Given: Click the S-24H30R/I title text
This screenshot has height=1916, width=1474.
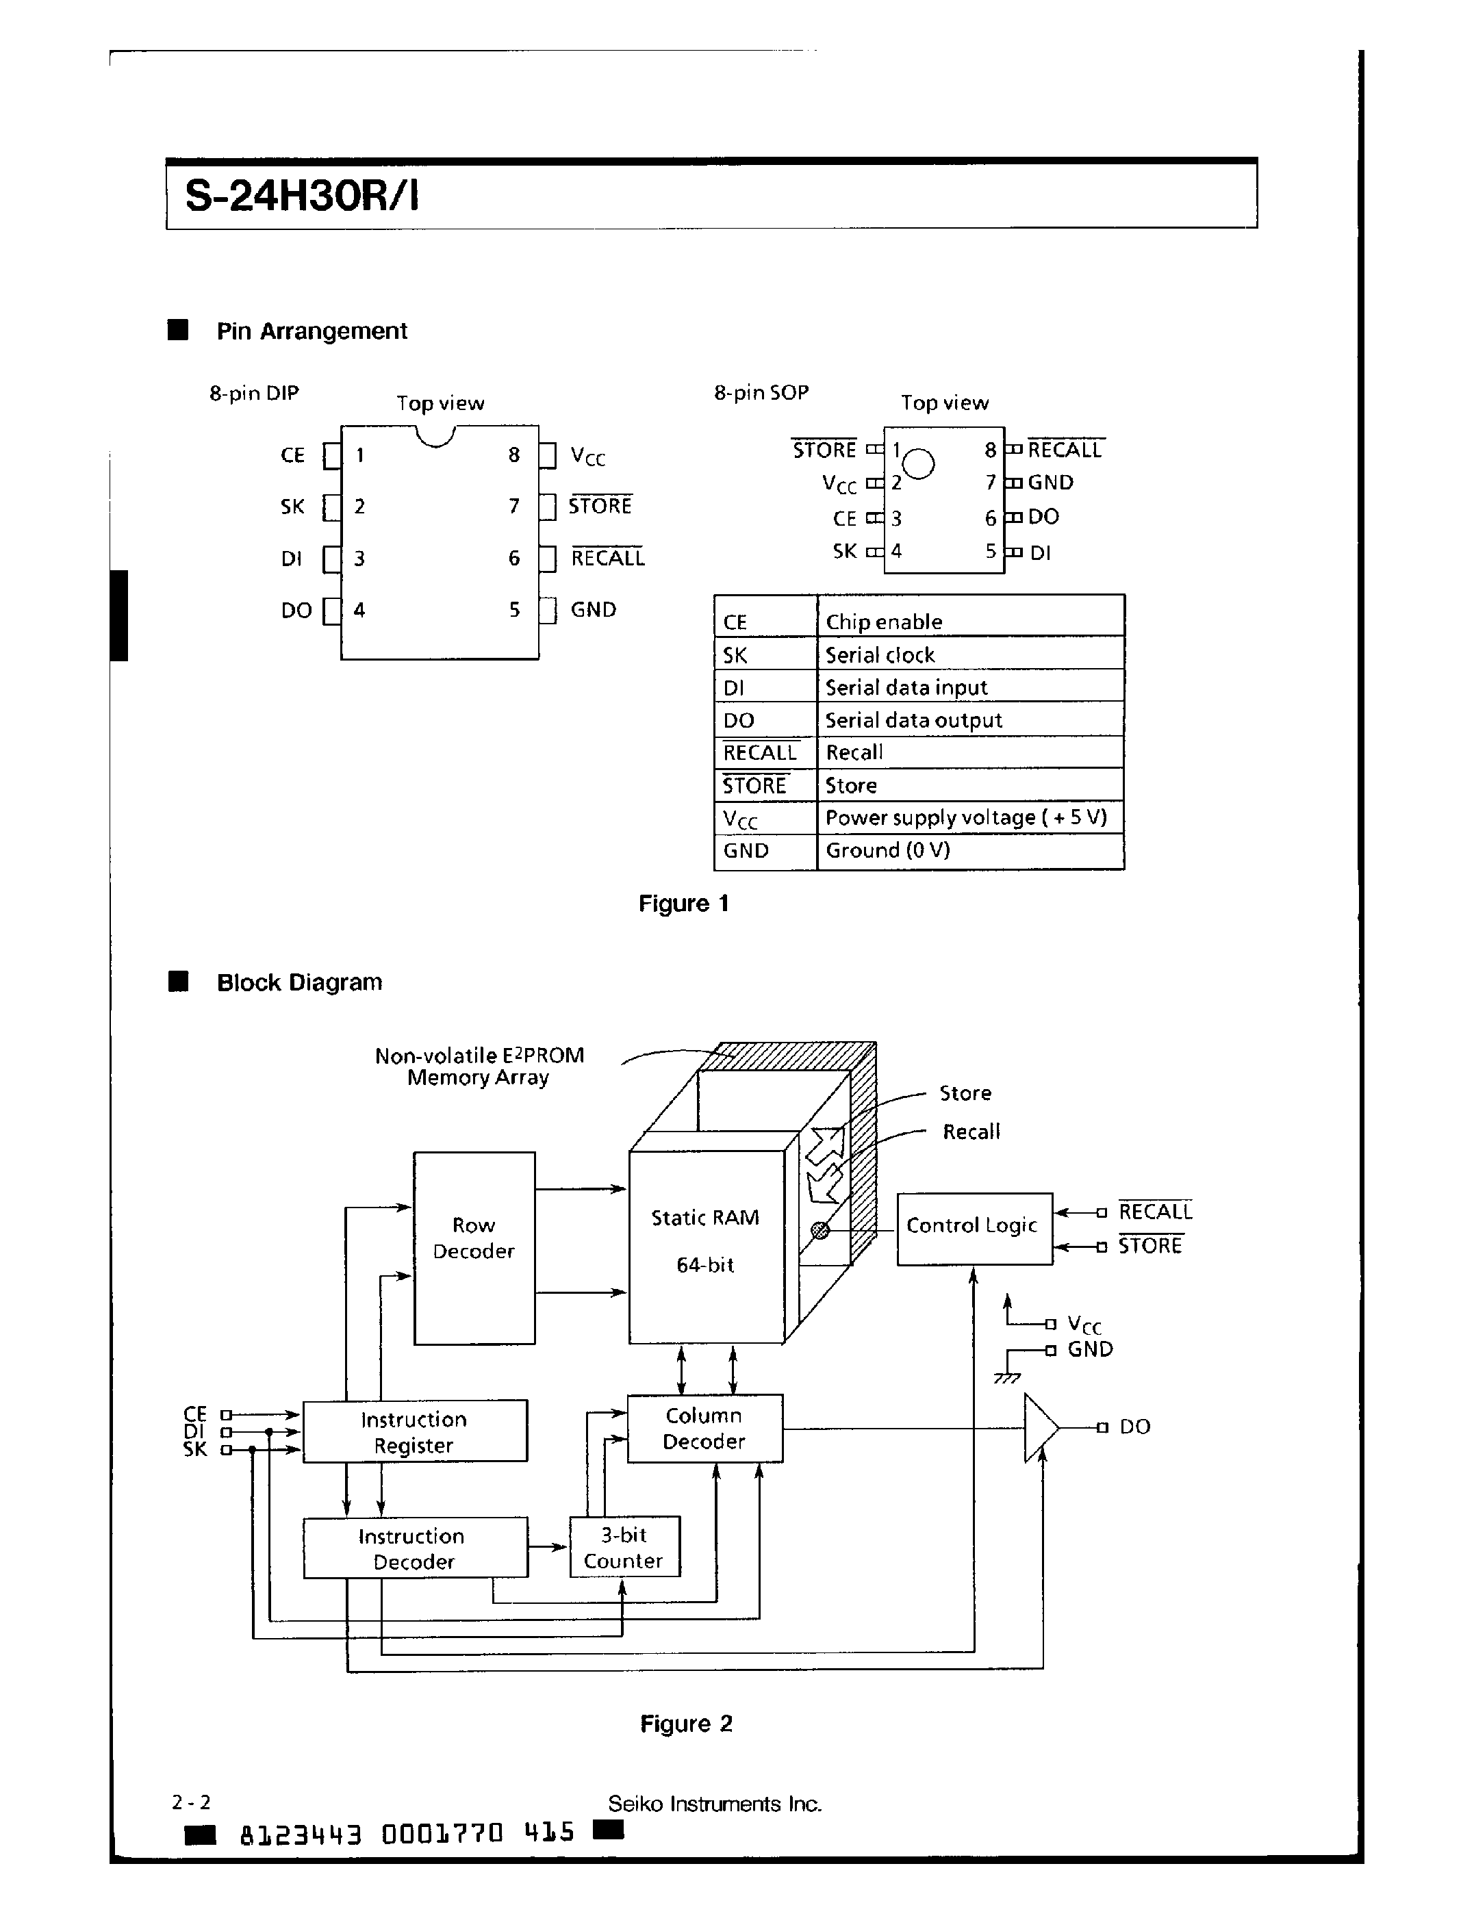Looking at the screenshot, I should pyautogui.click(x=302, y=196).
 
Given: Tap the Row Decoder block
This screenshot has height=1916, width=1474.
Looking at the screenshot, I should pyautogui.click(x=474, y=1247).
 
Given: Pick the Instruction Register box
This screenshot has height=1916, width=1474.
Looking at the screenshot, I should pyautogui.click(x=414, y=1431).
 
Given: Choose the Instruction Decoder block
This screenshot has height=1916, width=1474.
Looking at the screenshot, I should pyautogui.click(x=414, y=1548).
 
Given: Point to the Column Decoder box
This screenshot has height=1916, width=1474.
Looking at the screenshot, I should pyautogui.click(x=704, y=1427).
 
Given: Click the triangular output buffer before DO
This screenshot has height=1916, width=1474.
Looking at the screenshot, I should pyautogui.click(x=1040, y=1427).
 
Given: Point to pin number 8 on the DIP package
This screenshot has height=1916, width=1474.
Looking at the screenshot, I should pyautogui.click(x=514, y=455).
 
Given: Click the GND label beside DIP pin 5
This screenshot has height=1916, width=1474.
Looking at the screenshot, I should pyautogui.click(x=593, y=610).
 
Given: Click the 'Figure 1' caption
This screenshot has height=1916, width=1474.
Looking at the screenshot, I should pyautogui.click(x=683, y=904).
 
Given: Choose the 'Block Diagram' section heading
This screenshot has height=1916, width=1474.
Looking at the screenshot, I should pyautogui.click(x=299, y=982).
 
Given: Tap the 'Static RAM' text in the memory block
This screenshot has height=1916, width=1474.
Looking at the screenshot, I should pyautogui.click(x=704, y=1218).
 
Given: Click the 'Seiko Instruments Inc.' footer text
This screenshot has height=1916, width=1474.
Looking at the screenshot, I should pyautogui.click(x=714, y=1804).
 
